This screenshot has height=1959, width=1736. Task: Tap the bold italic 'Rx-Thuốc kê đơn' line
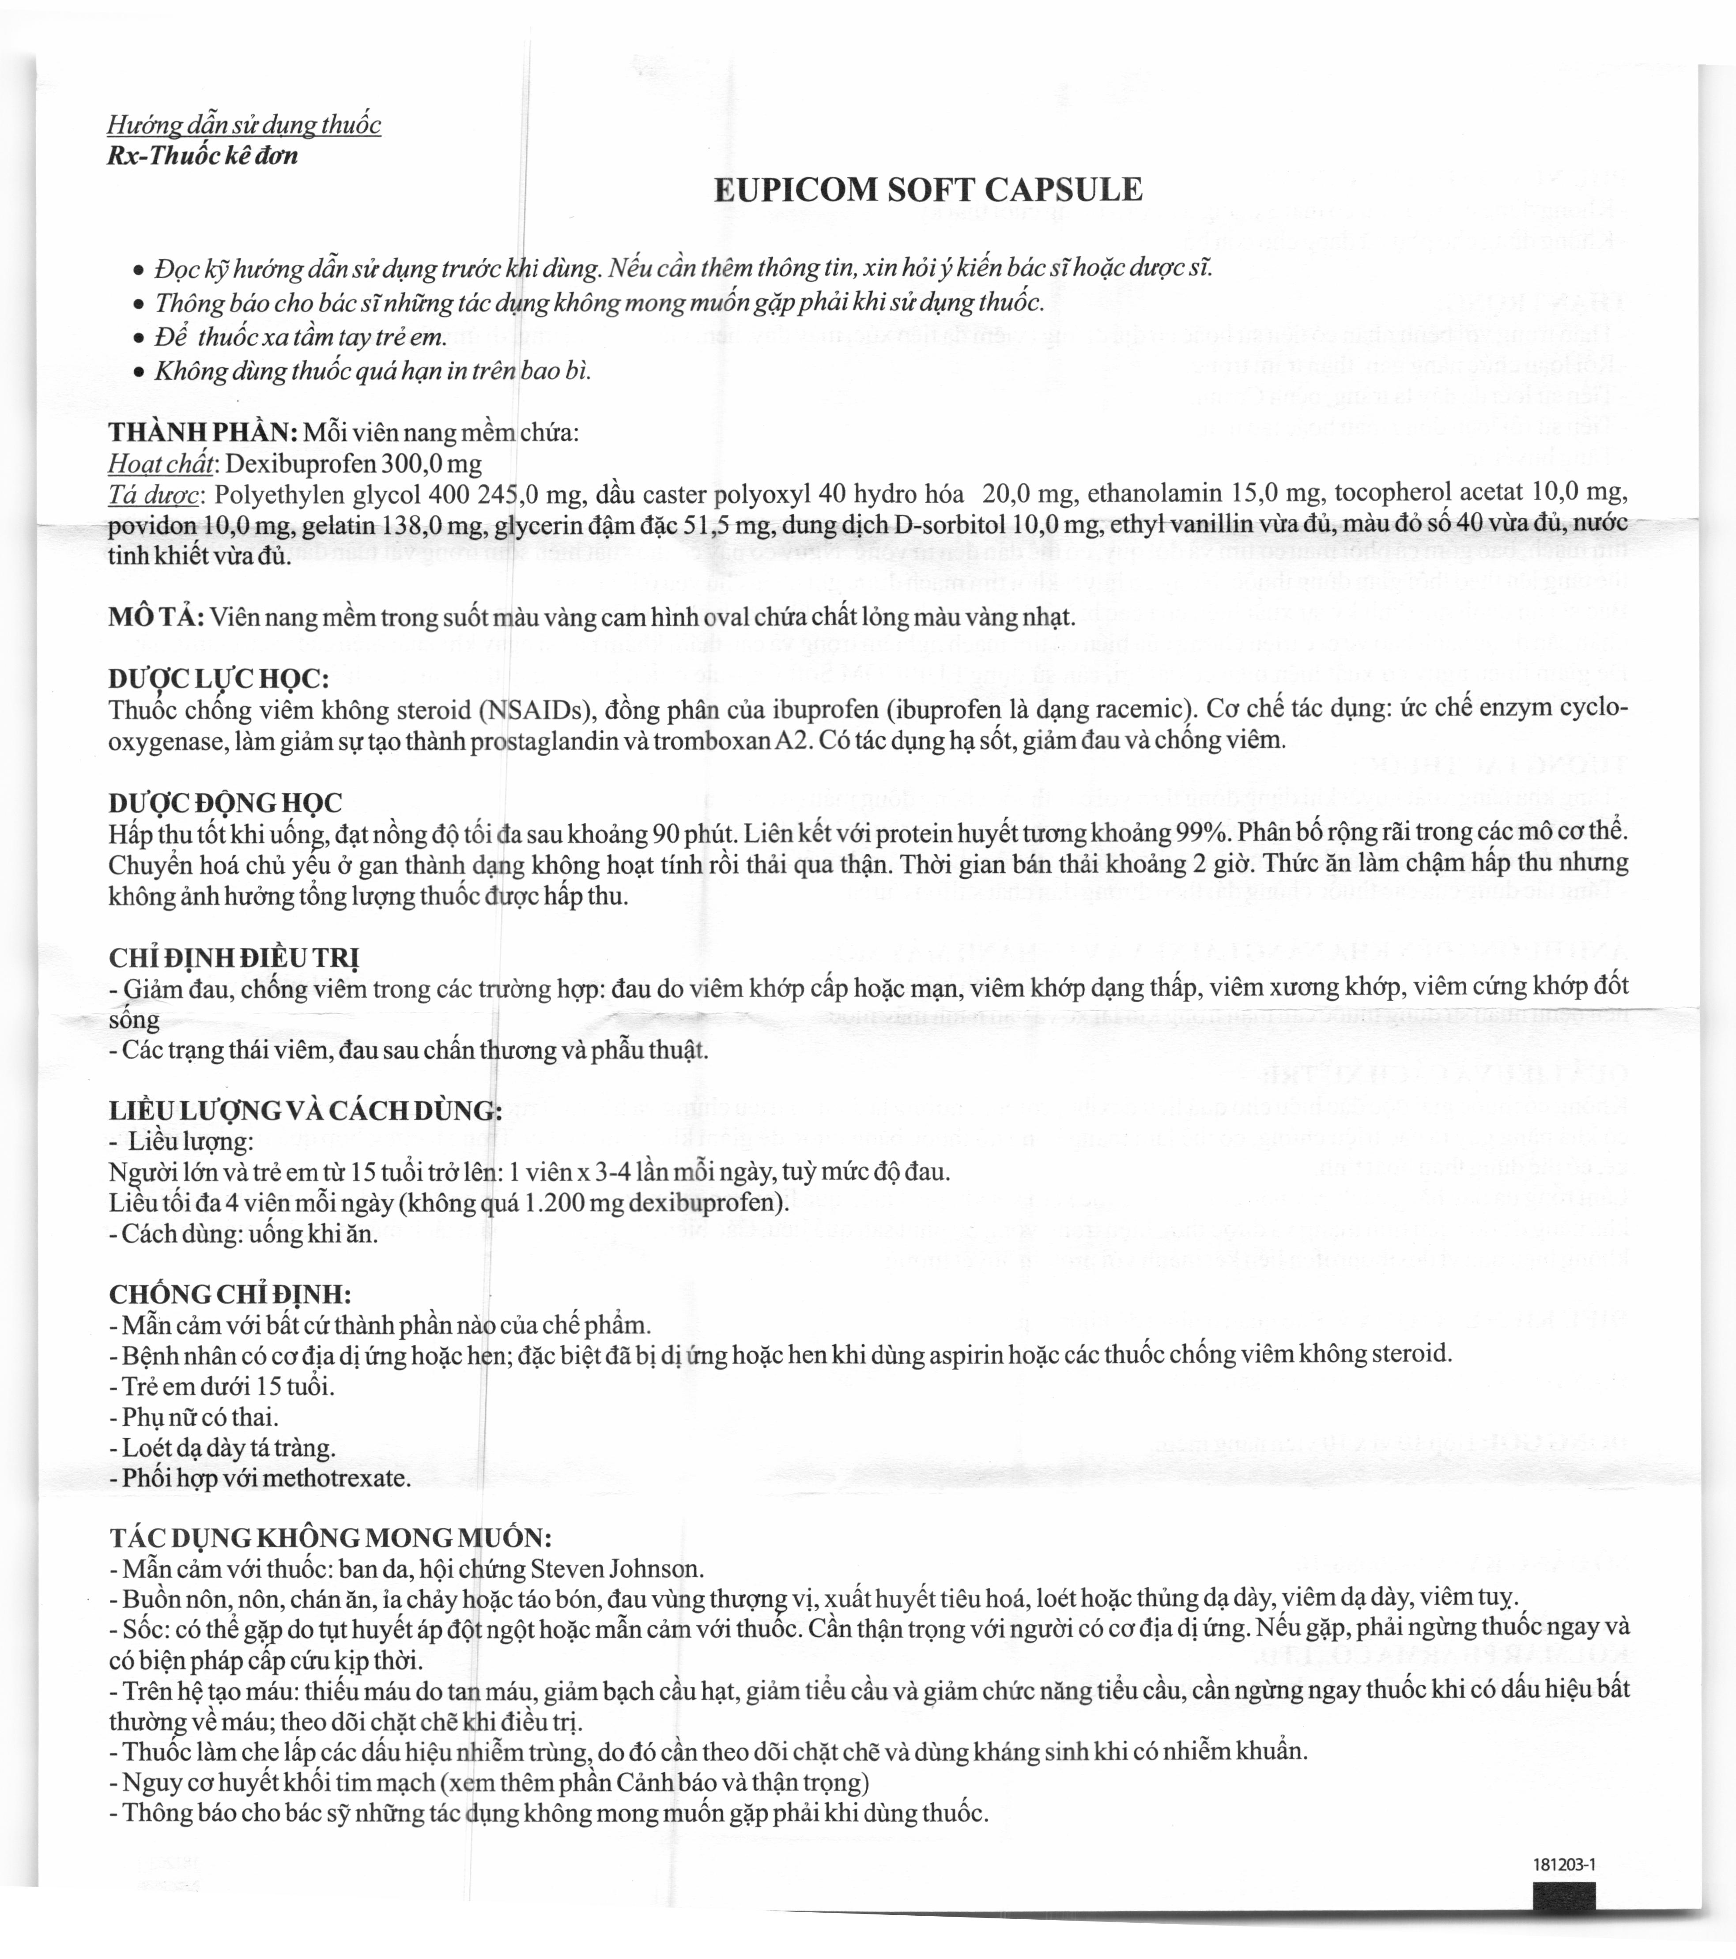[202, 155]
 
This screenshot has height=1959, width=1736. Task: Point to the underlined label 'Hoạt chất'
[160, 464]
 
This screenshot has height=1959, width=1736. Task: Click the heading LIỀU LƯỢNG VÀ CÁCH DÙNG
[305, 1111]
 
